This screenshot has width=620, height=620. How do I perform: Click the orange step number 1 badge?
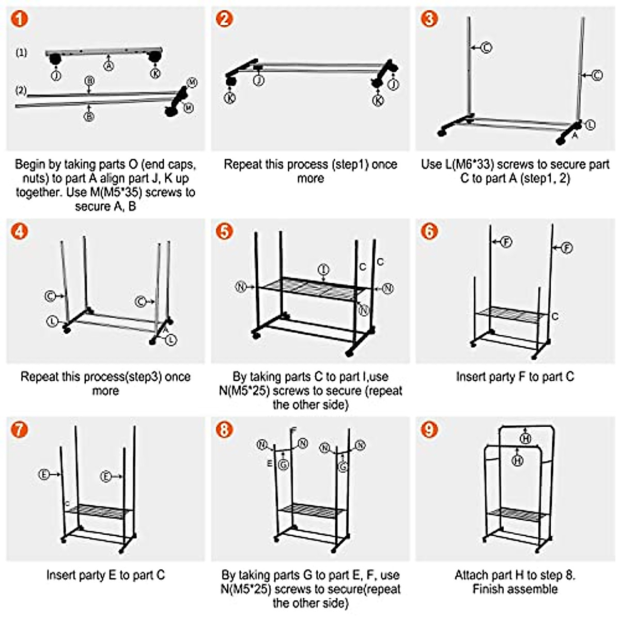pos(20,19)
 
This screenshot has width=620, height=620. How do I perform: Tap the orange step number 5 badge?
pos(224,231)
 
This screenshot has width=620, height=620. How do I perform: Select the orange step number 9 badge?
pos(429,430)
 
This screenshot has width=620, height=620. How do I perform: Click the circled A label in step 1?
pos(109,66)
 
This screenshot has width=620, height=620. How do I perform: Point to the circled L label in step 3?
pos(590,125)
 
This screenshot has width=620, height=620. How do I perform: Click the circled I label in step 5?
pos(323,270)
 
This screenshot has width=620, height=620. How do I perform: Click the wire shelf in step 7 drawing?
pos(99,511)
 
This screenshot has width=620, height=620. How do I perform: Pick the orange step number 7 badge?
pos(20,430)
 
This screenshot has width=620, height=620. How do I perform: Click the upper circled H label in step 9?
pos(525,438)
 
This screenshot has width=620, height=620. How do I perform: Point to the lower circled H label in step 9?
pos(517,461)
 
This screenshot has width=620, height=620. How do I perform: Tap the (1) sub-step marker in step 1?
pos(22,53)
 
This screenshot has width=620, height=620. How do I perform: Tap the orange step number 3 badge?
pos(429,19)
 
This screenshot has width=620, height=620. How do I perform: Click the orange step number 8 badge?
pos(224,430)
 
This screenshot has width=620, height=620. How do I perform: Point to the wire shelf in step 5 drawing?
pos(313,289)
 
